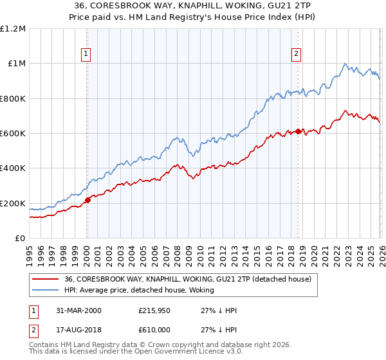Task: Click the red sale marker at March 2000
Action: point(87,200)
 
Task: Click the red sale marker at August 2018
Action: point(298,131)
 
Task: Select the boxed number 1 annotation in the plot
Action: point(86,55)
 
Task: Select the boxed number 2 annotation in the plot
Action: point(297,55)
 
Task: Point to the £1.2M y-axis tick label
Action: point(13,28)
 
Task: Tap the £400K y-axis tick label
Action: point(13,168)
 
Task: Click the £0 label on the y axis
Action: point(20,238)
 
